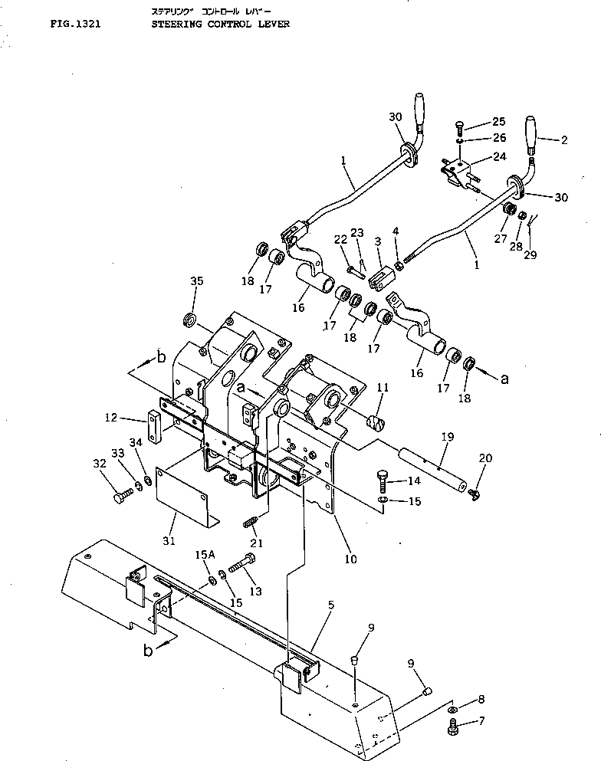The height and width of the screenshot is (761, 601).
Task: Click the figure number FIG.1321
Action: pos(74,24)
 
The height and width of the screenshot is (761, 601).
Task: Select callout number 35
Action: pos(197,281)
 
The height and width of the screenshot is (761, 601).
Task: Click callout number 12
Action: pos(112,418)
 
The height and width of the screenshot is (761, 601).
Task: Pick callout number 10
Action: pos(350,559)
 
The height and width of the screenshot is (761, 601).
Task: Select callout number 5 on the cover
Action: pos(330,605)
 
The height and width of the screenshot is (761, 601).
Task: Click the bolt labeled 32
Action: pos(123,499)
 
